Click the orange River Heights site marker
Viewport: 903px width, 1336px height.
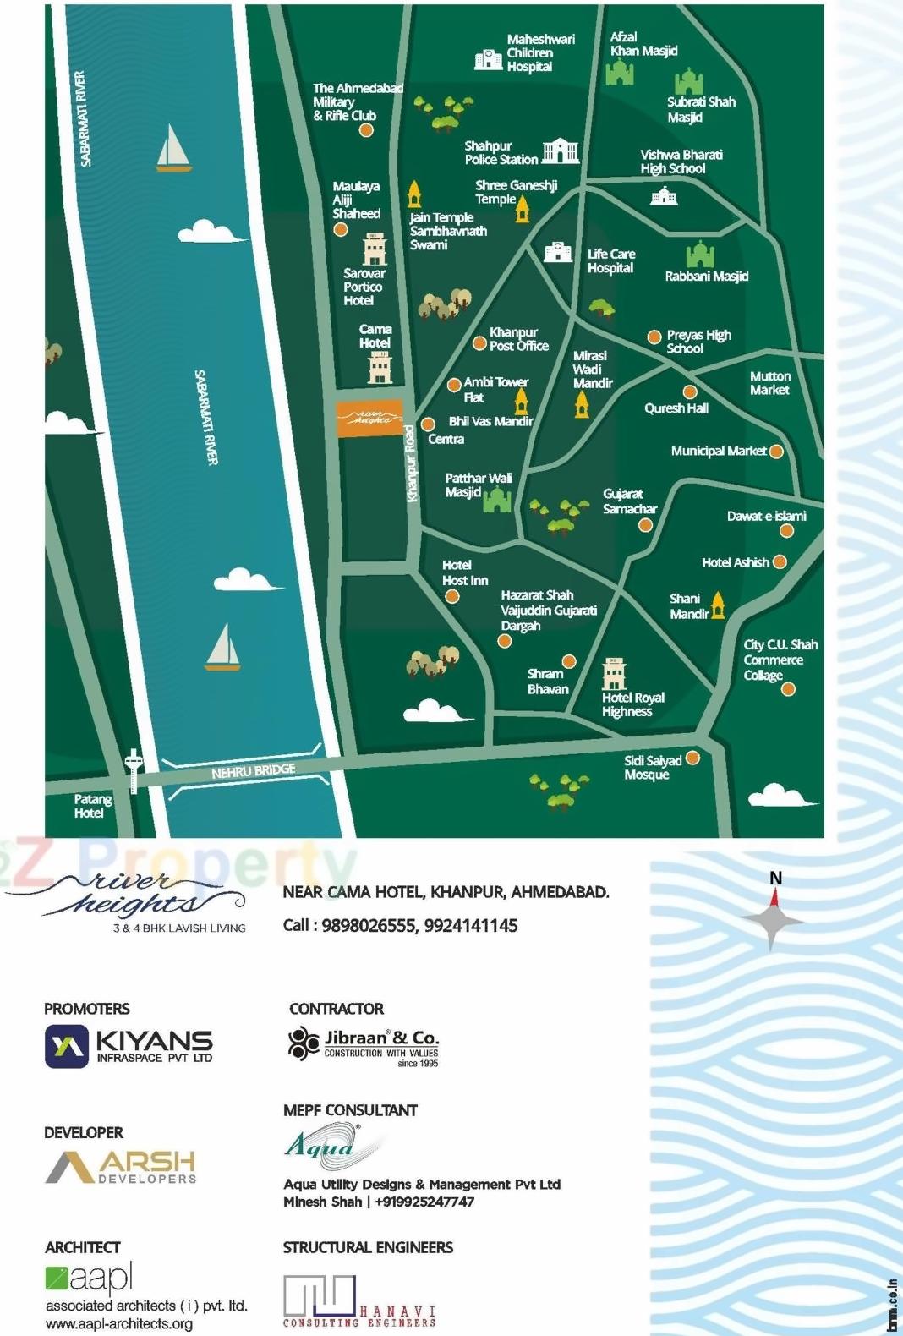point(369,419)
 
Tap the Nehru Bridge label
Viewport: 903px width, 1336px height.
point(253,771)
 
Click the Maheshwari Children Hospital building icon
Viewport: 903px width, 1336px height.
point(488,59)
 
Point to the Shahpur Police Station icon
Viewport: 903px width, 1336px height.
point(560,151)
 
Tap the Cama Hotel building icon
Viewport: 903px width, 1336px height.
point(380,368)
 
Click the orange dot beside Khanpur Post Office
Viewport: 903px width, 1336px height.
point(479,344)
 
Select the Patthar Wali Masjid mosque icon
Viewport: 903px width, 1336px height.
point(496,501)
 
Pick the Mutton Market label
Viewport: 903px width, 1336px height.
point(769,383)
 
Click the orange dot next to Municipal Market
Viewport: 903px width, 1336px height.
point(776,452)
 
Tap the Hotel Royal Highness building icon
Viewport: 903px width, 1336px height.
point(614,674)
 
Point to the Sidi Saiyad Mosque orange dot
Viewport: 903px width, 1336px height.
point(692,758)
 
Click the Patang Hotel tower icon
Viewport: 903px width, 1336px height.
point(133,770)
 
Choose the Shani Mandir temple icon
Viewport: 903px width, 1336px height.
point(718,605)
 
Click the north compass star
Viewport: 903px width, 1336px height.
point(772,918)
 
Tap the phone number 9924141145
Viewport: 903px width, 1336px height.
point(471,926)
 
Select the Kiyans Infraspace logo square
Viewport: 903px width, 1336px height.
point(67,1046)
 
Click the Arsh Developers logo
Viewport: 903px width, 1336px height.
point(121,1167)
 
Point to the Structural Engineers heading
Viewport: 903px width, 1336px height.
point(368,1247)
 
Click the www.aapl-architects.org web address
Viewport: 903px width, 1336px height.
point(119,1324)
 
